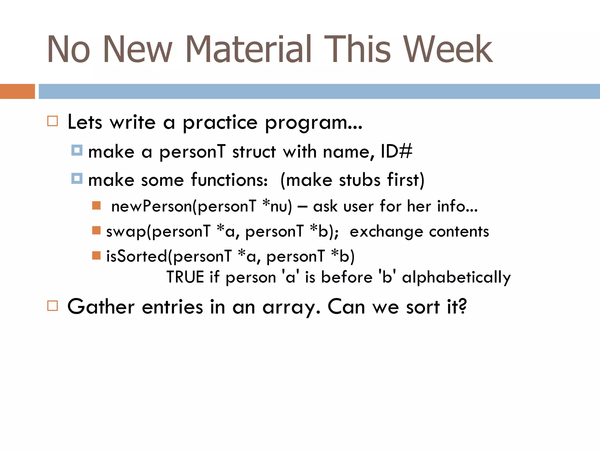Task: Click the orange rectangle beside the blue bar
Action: coord(17,91)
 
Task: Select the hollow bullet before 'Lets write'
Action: coord(52,121)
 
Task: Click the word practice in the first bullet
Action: coord(220,122)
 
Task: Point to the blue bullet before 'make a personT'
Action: coord(77,150)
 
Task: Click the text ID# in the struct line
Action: coord(396,151)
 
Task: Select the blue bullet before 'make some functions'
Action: coord(77,178)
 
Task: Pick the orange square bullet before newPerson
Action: coord(96,205)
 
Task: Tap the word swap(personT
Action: coord(158,231)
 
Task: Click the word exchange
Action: coord(386,232)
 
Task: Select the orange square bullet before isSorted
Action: coord(96,255)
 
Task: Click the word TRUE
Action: coord(185,277)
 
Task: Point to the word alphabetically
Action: coord(456,277)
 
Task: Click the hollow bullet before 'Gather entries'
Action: coord(52,306)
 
